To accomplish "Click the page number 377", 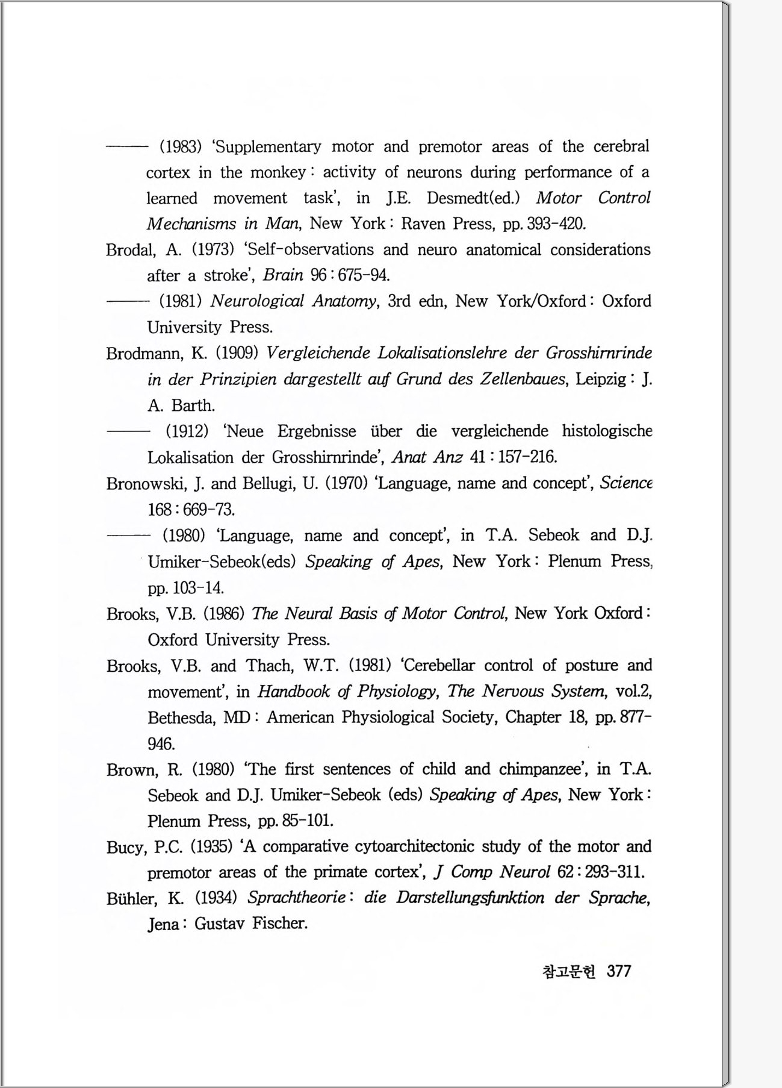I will (x=619, y=971).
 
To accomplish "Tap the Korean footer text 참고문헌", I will (x=568, y=972).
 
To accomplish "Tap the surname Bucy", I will (x=126, y=848).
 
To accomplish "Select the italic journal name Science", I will (x=626, y=483).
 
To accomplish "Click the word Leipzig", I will (x=601, y=380).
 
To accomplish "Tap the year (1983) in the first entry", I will (x=180, y=146).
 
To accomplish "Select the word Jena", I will (x=163, y=924).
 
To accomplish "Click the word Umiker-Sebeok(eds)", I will (x=222, y=562).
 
